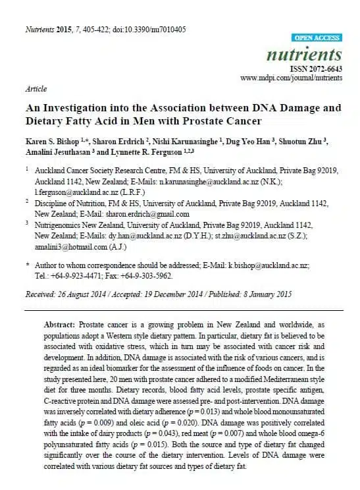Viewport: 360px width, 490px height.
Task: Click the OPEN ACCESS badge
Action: (x=317, y=38)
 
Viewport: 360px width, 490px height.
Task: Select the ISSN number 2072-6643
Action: (x=325, y=68)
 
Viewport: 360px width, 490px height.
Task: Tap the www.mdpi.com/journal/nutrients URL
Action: (x=291, y=78)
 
